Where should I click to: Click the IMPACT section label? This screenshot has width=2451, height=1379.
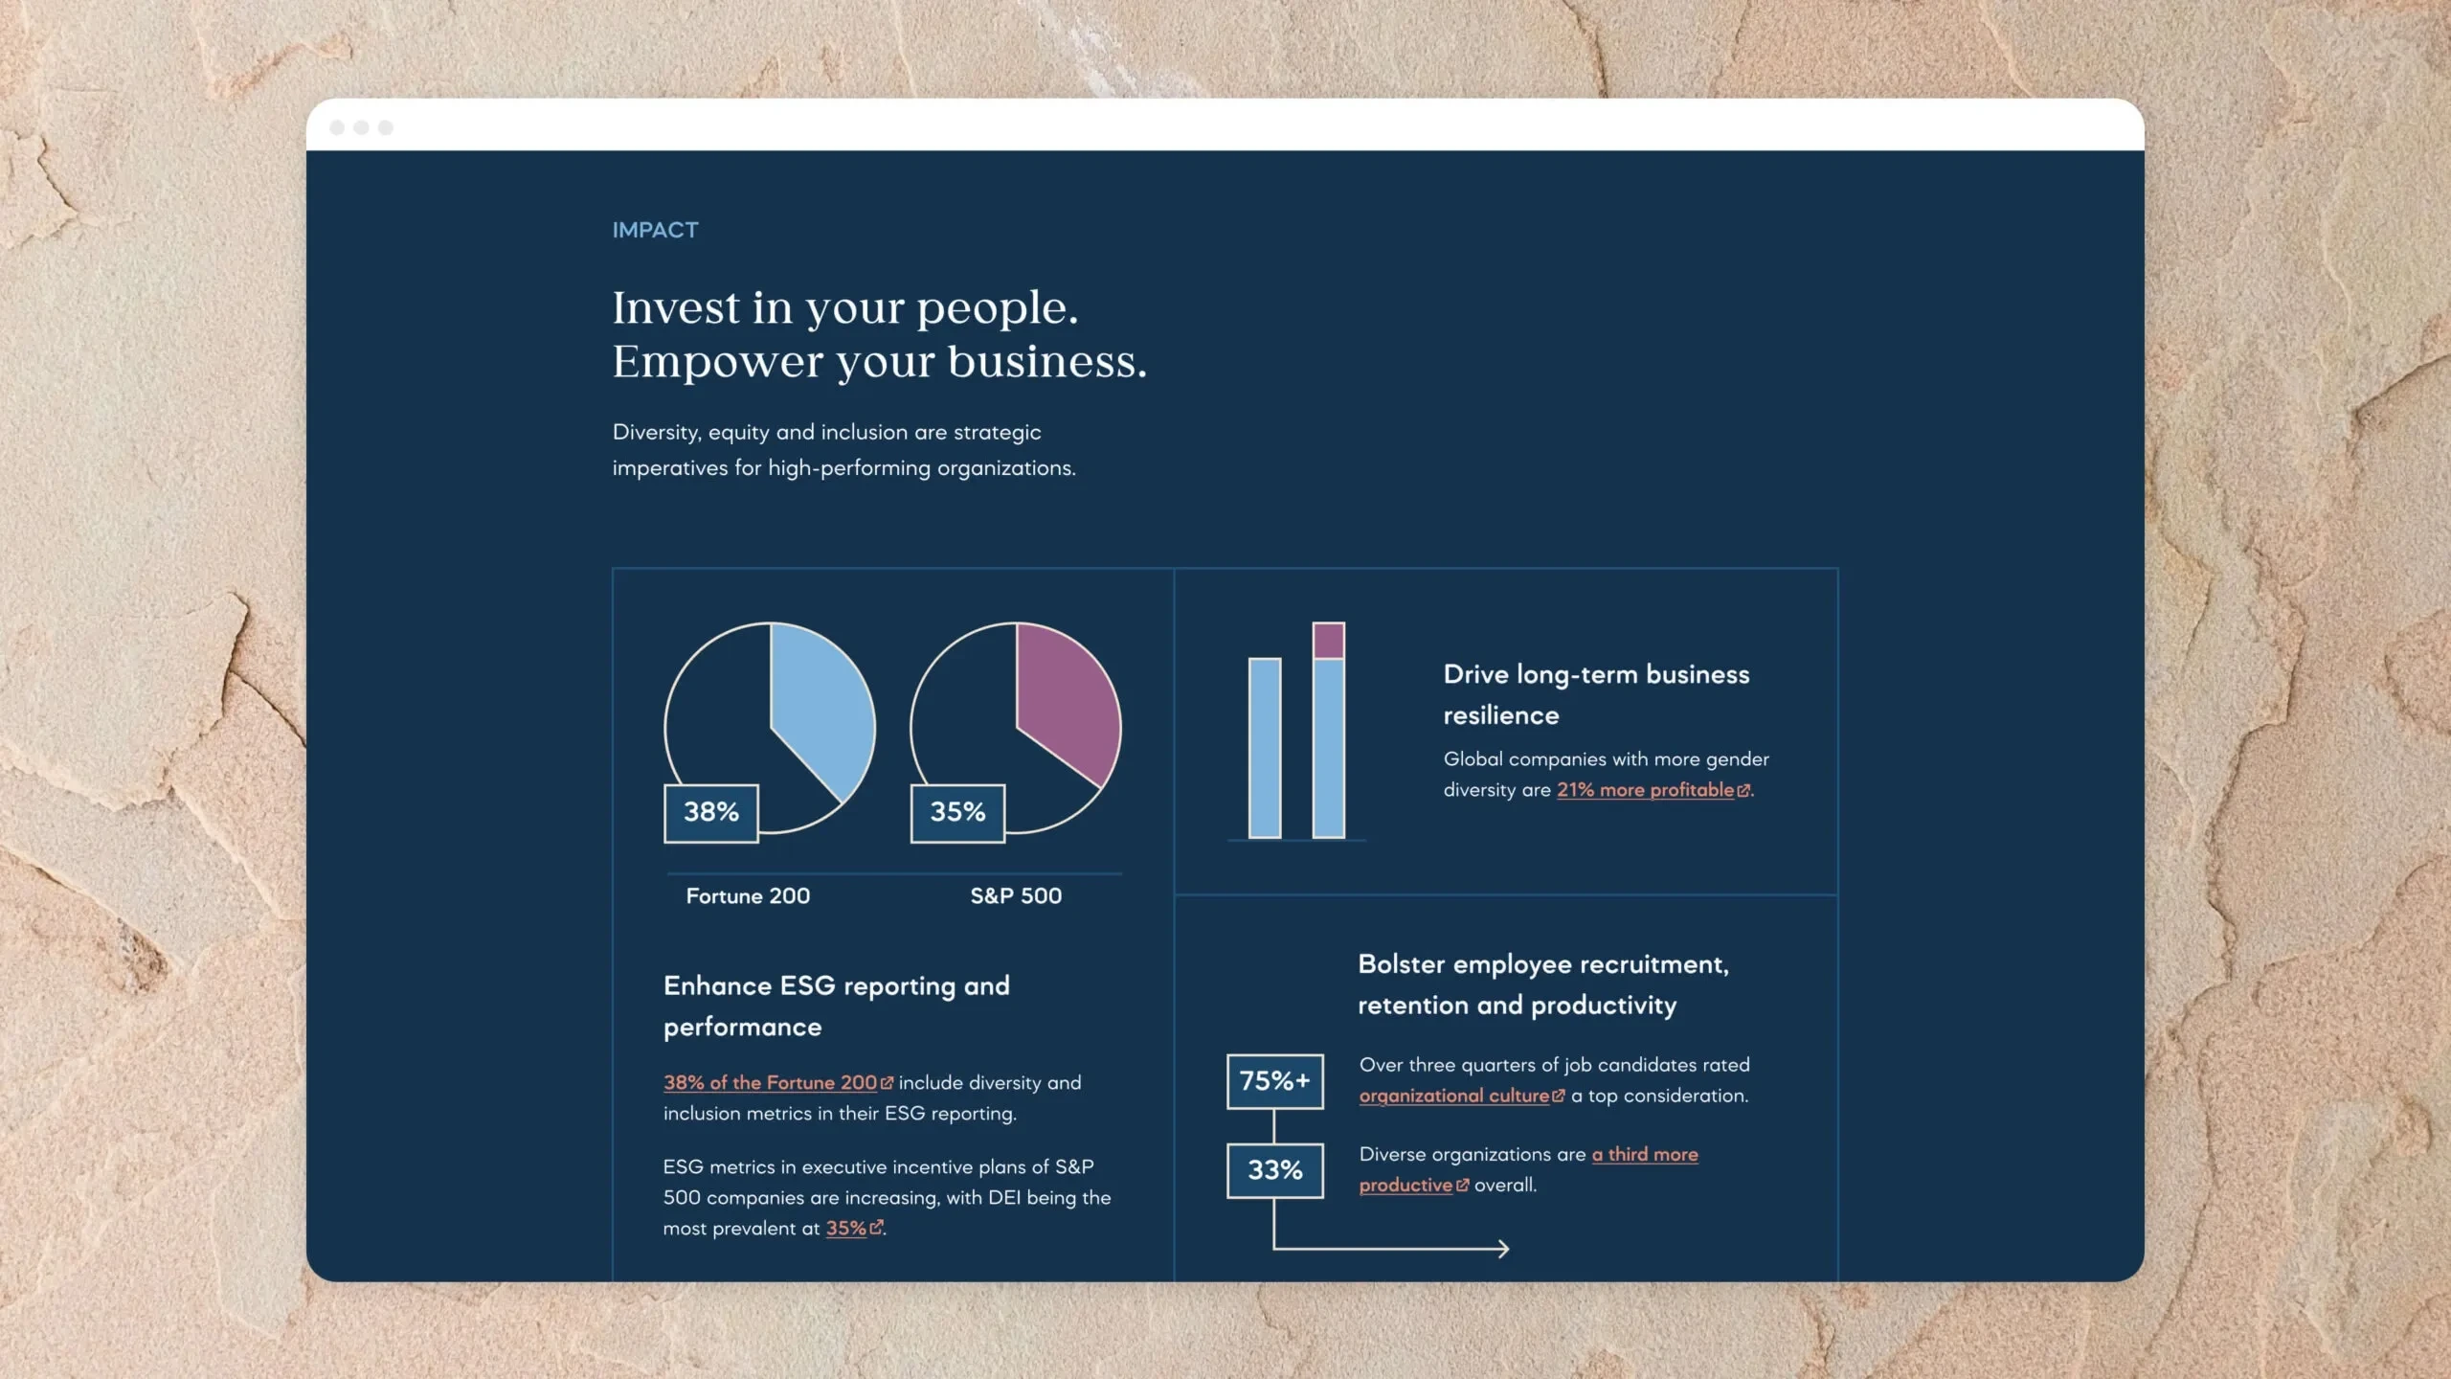click(x=655, y=230)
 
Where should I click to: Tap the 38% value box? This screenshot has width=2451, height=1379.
click(x=711, y=813)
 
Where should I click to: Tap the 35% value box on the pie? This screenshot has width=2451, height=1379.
click(x=957, y=813)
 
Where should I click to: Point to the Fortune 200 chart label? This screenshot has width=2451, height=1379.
click(x=748, y=896)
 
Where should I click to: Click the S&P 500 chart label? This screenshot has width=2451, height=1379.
click(x=1016, y=896)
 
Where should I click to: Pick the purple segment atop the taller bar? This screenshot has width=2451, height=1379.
click(x=1328, y=640)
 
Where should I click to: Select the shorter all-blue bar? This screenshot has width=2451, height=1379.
click(x=1265, y=748)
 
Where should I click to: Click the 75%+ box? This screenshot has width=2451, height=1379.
click(x=1275, y=1081)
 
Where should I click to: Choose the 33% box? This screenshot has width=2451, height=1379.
click(x=1275, y=1170)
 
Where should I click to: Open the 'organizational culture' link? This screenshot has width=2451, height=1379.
click(x=1461, y=1096)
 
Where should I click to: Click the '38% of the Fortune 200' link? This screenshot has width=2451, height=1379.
click(x=777, y=1083)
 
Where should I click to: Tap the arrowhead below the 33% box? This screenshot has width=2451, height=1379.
click(x=1503, y=1249)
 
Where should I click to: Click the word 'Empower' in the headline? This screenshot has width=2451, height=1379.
click(x=718, y=362)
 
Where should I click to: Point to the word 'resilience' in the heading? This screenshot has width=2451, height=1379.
click(x=1501, y=715)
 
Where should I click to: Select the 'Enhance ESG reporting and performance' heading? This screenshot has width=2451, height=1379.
click(x=837, y=1006)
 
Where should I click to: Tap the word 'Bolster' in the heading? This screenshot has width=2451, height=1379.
click(x=1401, y=964)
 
